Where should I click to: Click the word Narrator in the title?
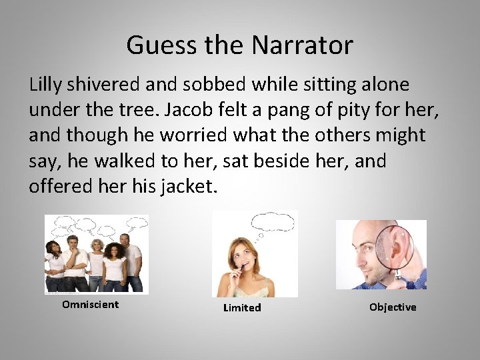coord(303,45)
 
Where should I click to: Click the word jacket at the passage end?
coord(189,186)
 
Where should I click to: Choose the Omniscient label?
coord(90,305)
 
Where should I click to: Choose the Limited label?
coord(242,308)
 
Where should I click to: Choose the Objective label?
coord(393,307)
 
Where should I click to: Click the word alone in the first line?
coord(380,85)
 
